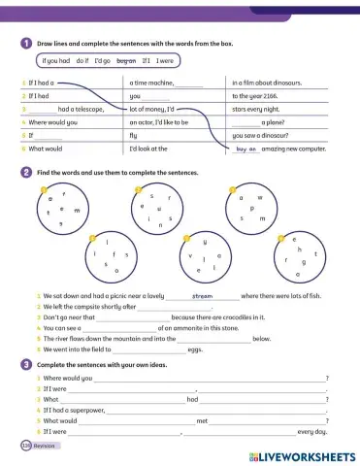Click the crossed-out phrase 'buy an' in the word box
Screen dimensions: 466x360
[126, 61]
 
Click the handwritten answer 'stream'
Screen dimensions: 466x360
[203, 295]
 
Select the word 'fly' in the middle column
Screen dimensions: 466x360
[134, 137]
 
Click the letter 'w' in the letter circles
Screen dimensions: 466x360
[260, 197]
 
